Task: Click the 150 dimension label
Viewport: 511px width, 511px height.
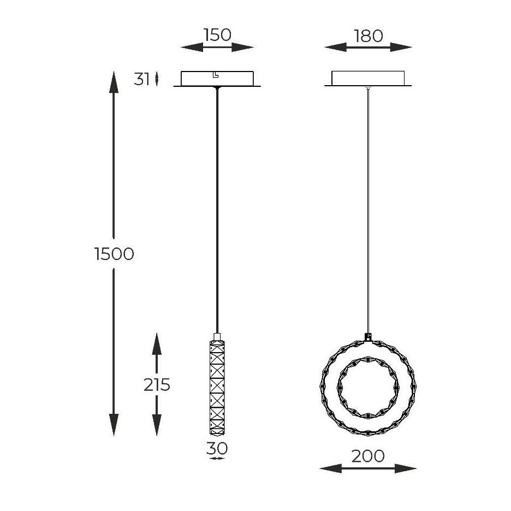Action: [217, 35]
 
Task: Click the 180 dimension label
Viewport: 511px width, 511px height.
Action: [369, 36]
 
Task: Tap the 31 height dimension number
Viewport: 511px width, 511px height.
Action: [142, 79]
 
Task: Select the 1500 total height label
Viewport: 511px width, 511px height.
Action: [114, 253]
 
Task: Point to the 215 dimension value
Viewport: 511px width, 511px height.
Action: [157, 385]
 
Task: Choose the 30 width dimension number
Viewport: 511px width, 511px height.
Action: [217, 448]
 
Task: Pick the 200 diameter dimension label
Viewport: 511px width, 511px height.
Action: [368, 456]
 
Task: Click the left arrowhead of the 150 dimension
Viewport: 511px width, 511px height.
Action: [192, 47]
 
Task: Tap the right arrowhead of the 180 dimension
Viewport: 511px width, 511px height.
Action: [401, 47]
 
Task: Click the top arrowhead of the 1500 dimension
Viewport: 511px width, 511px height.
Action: [114, 82]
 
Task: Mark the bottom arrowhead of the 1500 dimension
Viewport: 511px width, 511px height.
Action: [114, 425]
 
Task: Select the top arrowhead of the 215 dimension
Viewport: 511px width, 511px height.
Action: [157, 344]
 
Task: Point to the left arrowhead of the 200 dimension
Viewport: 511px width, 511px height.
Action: [330, 468]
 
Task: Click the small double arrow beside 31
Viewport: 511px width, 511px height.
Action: [157, 79]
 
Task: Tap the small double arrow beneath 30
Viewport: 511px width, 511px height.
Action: [217, 459]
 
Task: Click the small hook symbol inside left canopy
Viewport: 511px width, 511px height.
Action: [215, 75]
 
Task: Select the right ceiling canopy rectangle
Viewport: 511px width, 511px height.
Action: [368, 78]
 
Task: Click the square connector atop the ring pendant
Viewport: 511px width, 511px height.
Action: [368, 337]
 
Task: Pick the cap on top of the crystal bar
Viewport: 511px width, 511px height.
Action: [217, 337]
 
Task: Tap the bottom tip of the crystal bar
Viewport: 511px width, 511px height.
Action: [217, 435]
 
